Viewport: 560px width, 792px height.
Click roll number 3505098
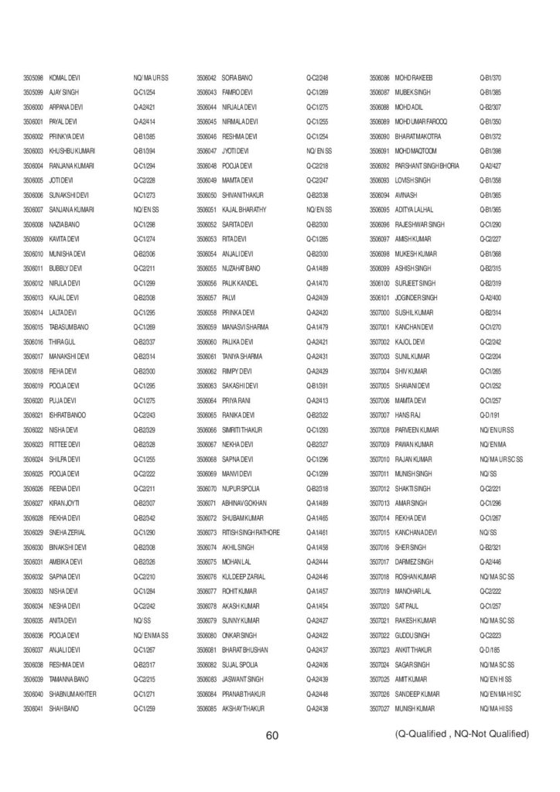coord(32,78)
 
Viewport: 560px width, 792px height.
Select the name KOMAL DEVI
coord(65,78)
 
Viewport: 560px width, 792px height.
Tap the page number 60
coord(271,736)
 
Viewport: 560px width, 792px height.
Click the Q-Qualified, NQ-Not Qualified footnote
coord(462,732)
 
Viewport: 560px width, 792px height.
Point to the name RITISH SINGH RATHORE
coord(251,532)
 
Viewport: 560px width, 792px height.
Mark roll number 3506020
coord(32,401)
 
